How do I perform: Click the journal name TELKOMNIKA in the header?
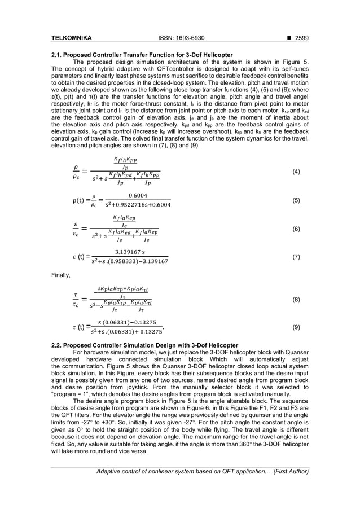click(72, 38)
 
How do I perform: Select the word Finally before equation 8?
click(62, 275)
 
